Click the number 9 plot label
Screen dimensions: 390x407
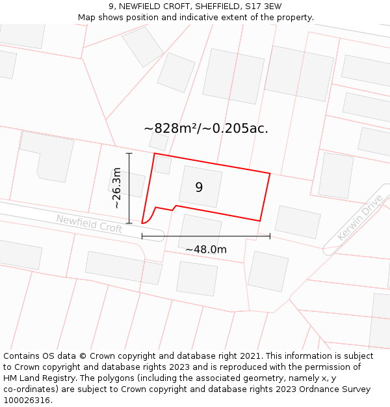click(x=199, y=188)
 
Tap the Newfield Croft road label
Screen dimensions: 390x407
click(x=89, y=223)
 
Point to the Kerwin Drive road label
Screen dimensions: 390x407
click(x=359, y=218)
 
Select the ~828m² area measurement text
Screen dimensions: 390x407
click(x=171, y=128)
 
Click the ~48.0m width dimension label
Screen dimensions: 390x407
click(x=206, y=249)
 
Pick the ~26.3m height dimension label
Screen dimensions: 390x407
click(x=116, y=188)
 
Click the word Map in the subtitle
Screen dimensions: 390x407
click(x=87, y=18)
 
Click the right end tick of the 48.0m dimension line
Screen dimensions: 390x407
click(x=270, y=236)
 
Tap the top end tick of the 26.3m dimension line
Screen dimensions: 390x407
click(x=129, y=154)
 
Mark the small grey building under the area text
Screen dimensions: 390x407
click(x=159, y=141)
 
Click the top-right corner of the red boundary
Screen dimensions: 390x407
click(x=269, y=173)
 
